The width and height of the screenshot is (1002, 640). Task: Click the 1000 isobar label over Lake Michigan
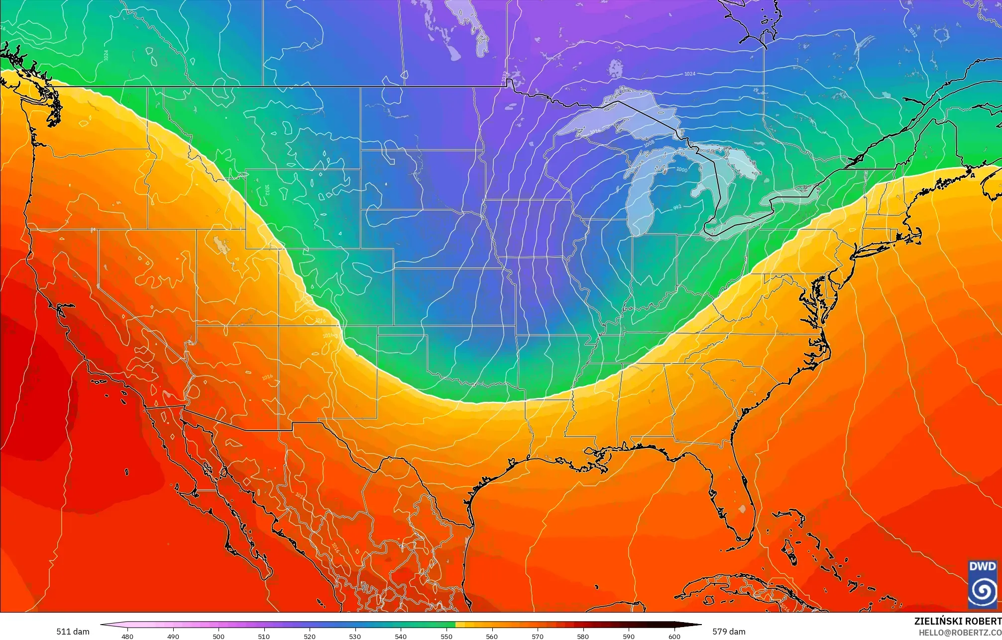[x=681, y=170]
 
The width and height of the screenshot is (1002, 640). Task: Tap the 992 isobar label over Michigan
[x=677, y=207]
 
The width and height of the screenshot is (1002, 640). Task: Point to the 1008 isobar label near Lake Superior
[x=649, y=144]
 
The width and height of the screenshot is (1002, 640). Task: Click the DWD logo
[x=982, y=584]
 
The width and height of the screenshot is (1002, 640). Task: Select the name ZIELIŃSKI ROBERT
[x=957, y=621]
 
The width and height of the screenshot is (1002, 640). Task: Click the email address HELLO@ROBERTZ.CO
[x=960, y=633]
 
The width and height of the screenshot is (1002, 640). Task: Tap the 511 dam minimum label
[x=73, y=632]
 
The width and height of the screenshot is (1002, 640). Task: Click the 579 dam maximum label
[x=728, y=632]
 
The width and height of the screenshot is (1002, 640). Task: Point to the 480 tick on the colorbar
[x=127, y=636]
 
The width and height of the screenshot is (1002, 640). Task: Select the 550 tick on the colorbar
[x=446, y=636]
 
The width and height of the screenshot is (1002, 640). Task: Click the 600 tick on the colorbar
[x=674, y=636]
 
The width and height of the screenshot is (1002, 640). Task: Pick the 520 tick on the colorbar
[x=310, y=636]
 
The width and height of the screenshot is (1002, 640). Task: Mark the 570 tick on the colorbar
[x=538, y=636]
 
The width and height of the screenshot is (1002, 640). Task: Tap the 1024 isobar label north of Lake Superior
[x=689, y=74]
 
